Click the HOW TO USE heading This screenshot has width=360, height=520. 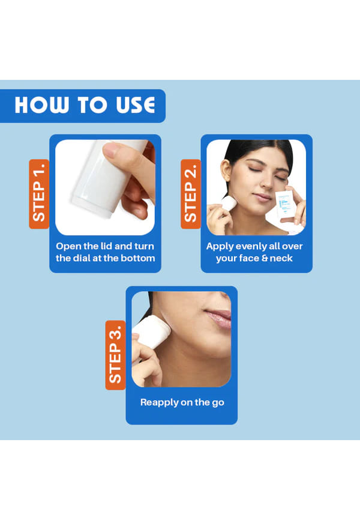tap(85, 105)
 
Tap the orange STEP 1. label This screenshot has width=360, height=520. tap(39, 194)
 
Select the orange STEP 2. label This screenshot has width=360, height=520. tap(191, 194)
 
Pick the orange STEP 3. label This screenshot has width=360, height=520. tap(115, 355)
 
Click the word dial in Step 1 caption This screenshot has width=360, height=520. tap(82, 258)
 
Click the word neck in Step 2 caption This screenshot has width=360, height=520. tap(281, 258)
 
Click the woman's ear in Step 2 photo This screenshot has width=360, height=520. tap(227, 171)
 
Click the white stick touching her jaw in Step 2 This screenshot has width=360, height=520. tap(229, 203)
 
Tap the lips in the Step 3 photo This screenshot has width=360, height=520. tap(220, 318)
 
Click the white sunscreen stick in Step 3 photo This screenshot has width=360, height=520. tap(151, 331)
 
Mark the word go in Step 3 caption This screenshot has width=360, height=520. tap(218, 404)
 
